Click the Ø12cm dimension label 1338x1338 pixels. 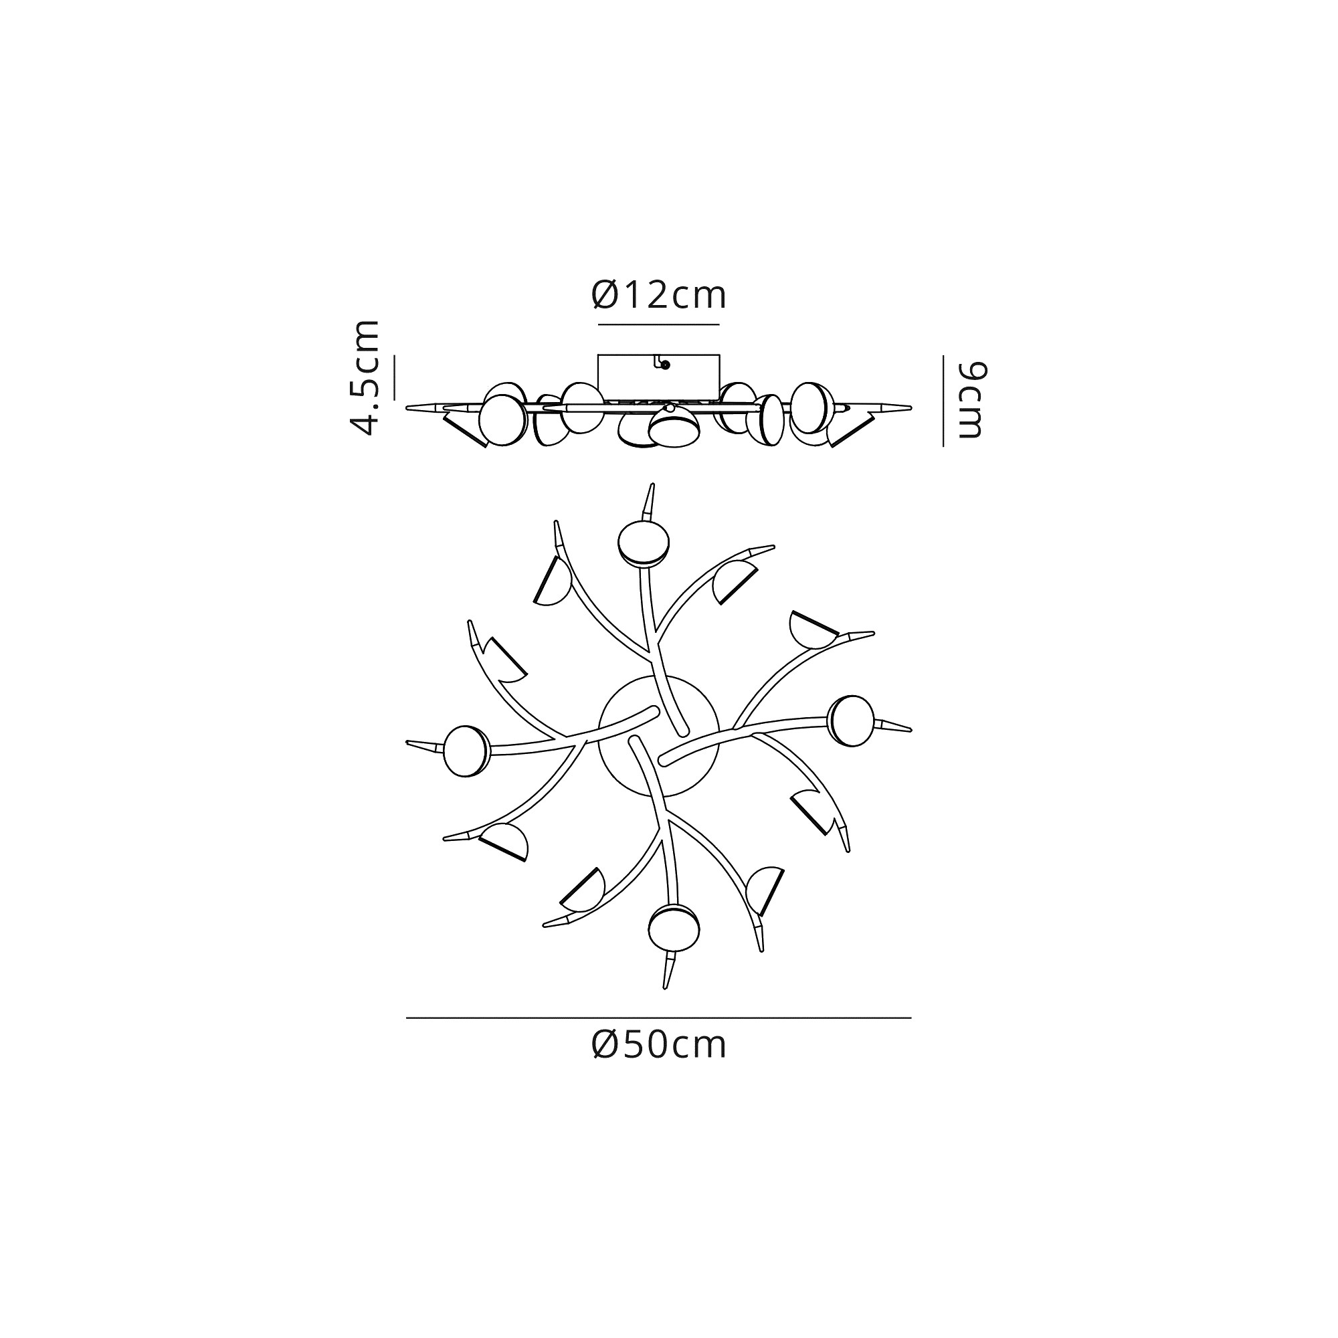point(658,296)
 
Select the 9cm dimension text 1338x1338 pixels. point(971,399)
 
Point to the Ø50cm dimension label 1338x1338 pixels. point(658,1045)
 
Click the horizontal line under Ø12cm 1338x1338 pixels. point(658,324)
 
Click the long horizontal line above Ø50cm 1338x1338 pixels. point(658,1018)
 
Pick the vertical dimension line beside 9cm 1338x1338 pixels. point(943,401)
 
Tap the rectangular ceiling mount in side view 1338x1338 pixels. point(658,377)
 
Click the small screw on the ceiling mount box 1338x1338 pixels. point(665,365)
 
